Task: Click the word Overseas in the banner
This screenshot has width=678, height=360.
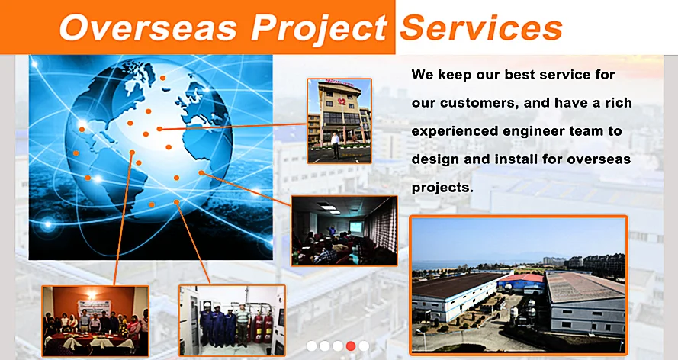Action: (148, 28)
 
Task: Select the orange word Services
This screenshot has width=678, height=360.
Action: (481, 27)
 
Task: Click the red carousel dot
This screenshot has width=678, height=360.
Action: (351, 346)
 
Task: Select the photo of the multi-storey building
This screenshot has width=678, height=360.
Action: (339, 121)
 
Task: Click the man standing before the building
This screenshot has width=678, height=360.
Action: (335, 146)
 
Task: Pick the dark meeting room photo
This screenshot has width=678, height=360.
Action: (344, 231)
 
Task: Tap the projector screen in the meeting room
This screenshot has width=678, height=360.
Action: (356, 227)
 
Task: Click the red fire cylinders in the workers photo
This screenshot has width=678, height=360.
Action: (263, 328)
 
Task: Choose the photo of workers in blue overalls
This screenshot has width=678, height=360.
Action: (232, 320)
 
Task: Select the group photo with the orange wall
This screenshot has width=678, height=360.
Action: (95, 320)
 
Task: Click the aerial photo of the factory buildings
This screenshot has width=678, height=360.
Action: (519, 285)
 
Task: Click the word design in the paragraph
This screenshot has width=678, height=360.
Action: (434, 160)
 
